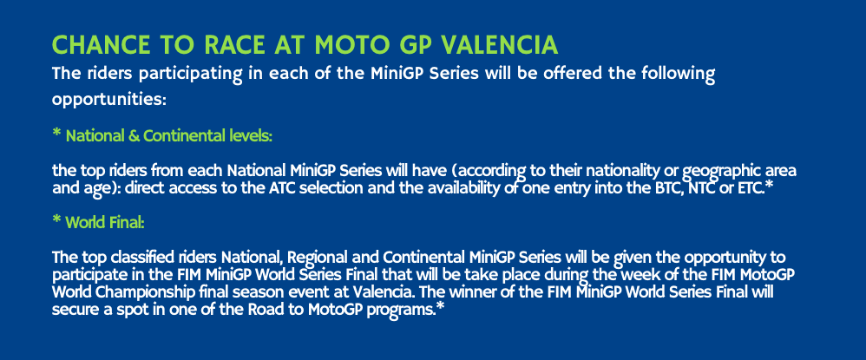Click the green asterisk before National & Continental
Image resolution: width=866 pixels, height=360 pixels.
56,134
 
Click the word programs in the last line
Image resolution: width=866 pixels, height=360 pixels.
402,311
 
